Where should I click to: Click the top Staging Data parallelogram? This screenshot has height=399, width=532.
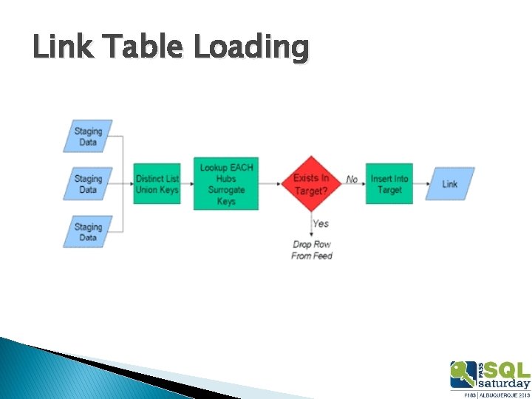(x=88, y=137)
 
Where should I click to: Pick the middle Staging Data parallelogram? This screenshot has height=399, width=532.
(x=88, y=184)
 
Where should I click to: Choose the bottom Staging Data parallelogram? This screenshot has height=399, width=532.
(x=88, y=231)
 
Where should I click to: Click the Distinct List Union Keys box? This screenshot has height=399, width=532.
(x=157, y=184)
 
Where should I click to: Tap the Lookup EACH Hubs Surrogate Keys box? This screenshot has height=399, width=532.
(x=226, y=184)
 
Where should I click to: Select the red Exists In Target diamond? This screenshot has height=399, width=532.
(x=312, y=183)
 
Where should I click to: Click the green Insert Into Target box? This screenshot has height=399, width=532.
(x=389, y=184)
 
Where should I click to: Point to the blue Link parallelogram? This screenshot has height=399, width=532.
(x=450, y=184)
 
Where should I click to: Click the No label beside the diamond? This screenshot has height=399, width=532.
(x=352, y=179)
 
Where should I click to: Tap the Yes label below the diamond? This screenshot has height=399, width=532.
(x=321, y=223)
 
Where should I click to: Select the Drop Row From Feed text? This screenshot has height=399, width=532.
(x=312, y=250)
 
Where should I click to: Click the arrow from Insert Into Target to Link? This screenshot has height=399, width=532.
(x=420, y=184)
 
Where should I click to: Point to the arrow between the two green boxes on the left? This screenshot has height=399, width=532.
(x=187, y=184)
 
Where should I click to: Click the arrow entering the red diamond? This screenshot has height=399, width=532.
(x=270, y=184)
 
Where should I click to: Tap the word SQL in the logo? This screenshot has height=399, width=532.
(x=505, y=369)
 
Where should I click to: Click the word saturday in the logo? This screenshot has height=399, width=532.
(x=504, y=383)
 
